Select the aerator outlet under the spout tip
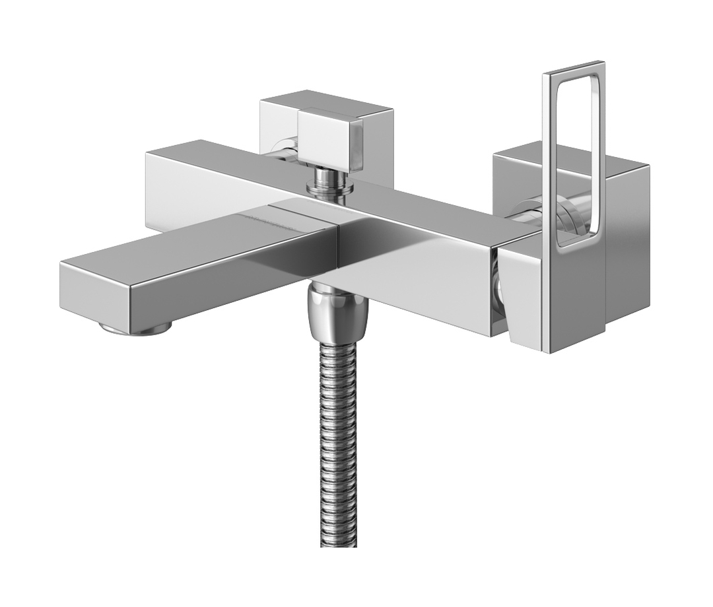135,327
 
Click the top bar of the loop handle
573,68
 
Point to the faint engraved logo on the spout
264,216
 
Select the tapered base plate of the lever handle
522,290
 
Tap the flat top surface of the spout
198,244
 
